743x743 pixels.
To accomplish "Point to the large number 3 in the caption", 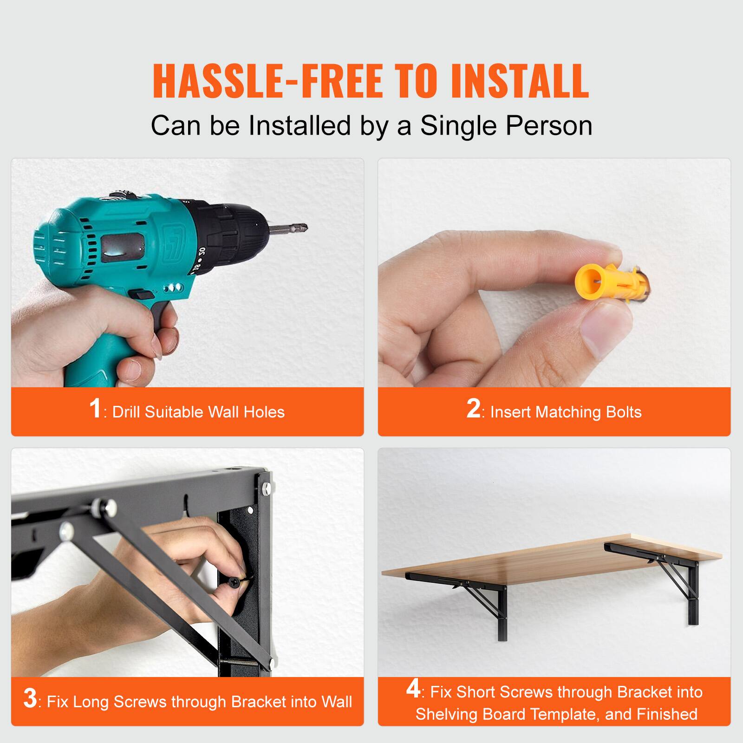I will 30,698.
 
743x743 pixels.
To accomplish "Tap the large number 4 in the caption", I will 413,689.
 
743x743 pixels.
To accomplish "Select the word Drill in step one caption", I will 126,412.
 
